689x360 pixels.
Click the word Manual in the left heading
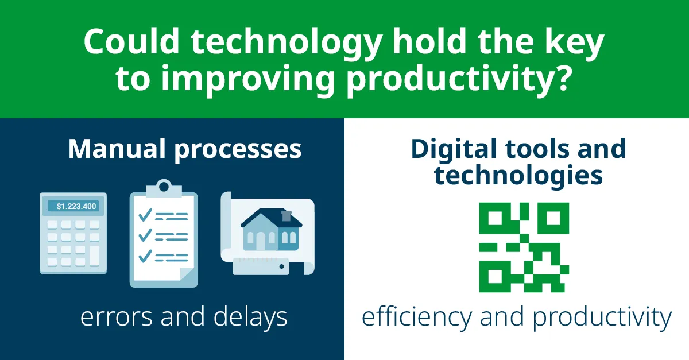(x=117, y=149)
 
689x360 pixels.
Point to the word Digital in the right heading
(x=454, y=150)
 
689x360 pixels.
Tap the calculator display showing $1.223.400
(x=73, y=206)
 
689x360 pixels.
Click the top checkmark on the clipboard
(x=145, y=215)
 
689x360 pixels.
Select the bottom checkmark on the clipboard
(x=145, y=256)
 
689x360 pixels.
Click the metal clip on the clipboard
(x=164, y=188)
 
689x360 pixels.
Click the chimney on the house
(x=287, y=216)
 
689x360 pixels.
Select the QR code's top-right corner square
(x=553, y=218)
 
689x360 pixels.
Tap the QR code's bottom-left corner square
(x=495, y=276)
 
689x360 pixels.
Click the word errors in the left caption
(x=116, y=318)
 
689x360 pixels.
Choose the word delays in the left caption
(x=250, y=317)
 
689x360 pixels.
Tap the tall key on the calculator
(x=94, y=256)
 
